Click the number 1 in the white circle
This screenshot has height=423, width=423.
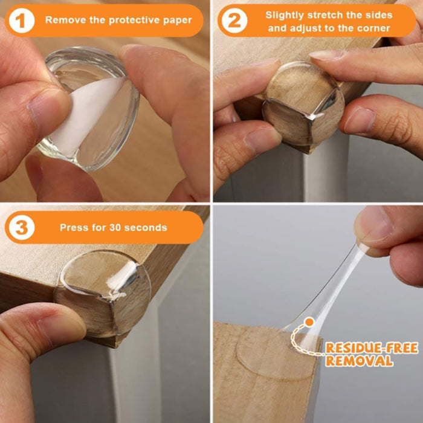click(22, 21)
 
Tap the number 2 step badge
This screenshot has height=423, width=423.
click(234, 21)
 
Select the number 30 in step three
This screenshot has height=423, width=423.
click(115, 227)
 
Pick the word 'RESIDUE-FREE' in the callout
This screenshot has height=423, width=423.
click(372, 348)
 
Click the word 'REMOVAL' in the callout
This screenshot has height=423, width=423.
click(359, 361)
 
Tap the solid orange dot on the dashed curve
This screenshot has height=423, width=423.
click(309, 322)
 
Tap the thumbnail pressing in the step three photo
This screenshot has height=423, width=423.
click(62, 330)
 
